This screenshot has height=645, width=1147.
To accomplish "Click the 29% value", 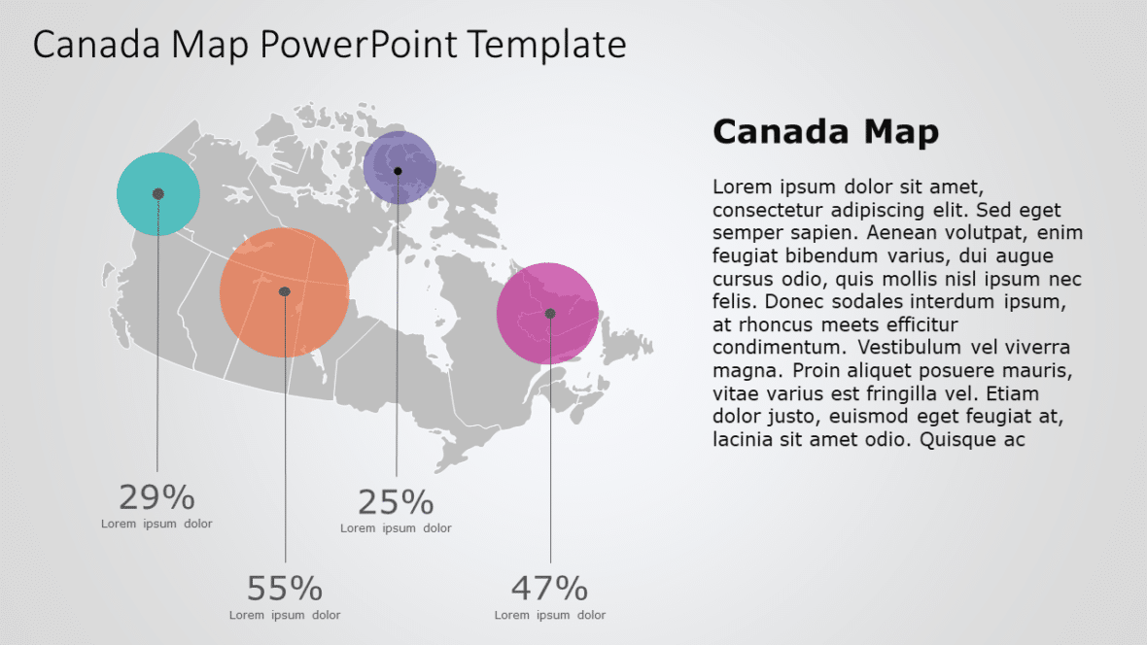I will (156, 497).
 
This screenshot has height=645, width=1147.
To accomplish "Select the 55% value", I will (284, 589).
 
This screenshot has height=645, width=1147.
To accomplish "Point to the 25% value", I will (396, 502).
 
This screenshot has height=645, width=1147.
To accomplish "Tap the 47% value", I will (549, 589).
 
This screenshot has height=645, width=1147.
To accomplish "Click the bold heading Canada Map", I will (825, 132).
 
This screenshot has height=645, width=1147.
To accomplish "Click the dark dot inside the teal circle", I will (158, 194).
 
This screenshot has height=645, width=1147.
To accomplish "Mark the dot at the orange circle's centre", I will (285, 291).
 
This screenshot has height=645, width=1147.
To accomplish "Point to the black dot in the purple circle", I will (398, 171).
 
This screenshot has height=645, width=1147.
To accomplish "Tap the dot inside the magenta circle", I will (550, 313).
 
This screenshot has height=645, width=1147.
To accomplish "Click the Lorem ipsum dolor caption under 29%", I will (156, 525).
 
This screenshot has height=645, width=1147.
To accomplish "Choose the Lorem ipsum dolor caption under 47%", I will (549, 615).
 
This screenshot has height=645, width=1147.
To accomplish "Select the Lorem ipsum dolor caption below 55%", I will (284, 615).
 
